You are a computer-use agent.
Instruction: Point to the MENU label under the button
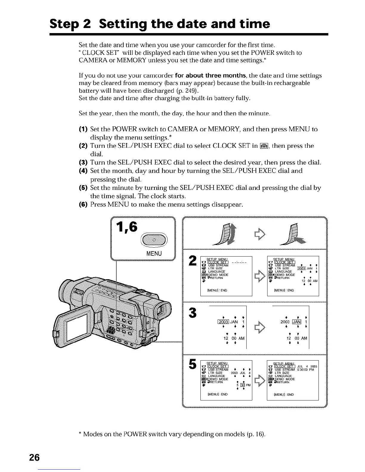tap(154, 254)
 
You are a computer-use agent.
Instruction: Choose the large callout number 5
tap(192, 364)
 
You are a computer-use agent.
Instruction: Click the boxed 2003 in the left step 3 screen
tap(223, 322)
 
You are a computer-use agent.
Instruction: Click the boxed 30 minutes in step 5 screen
tap(242, 385)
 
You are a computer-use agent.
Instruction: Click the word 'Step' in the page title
tap(65, 24)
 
